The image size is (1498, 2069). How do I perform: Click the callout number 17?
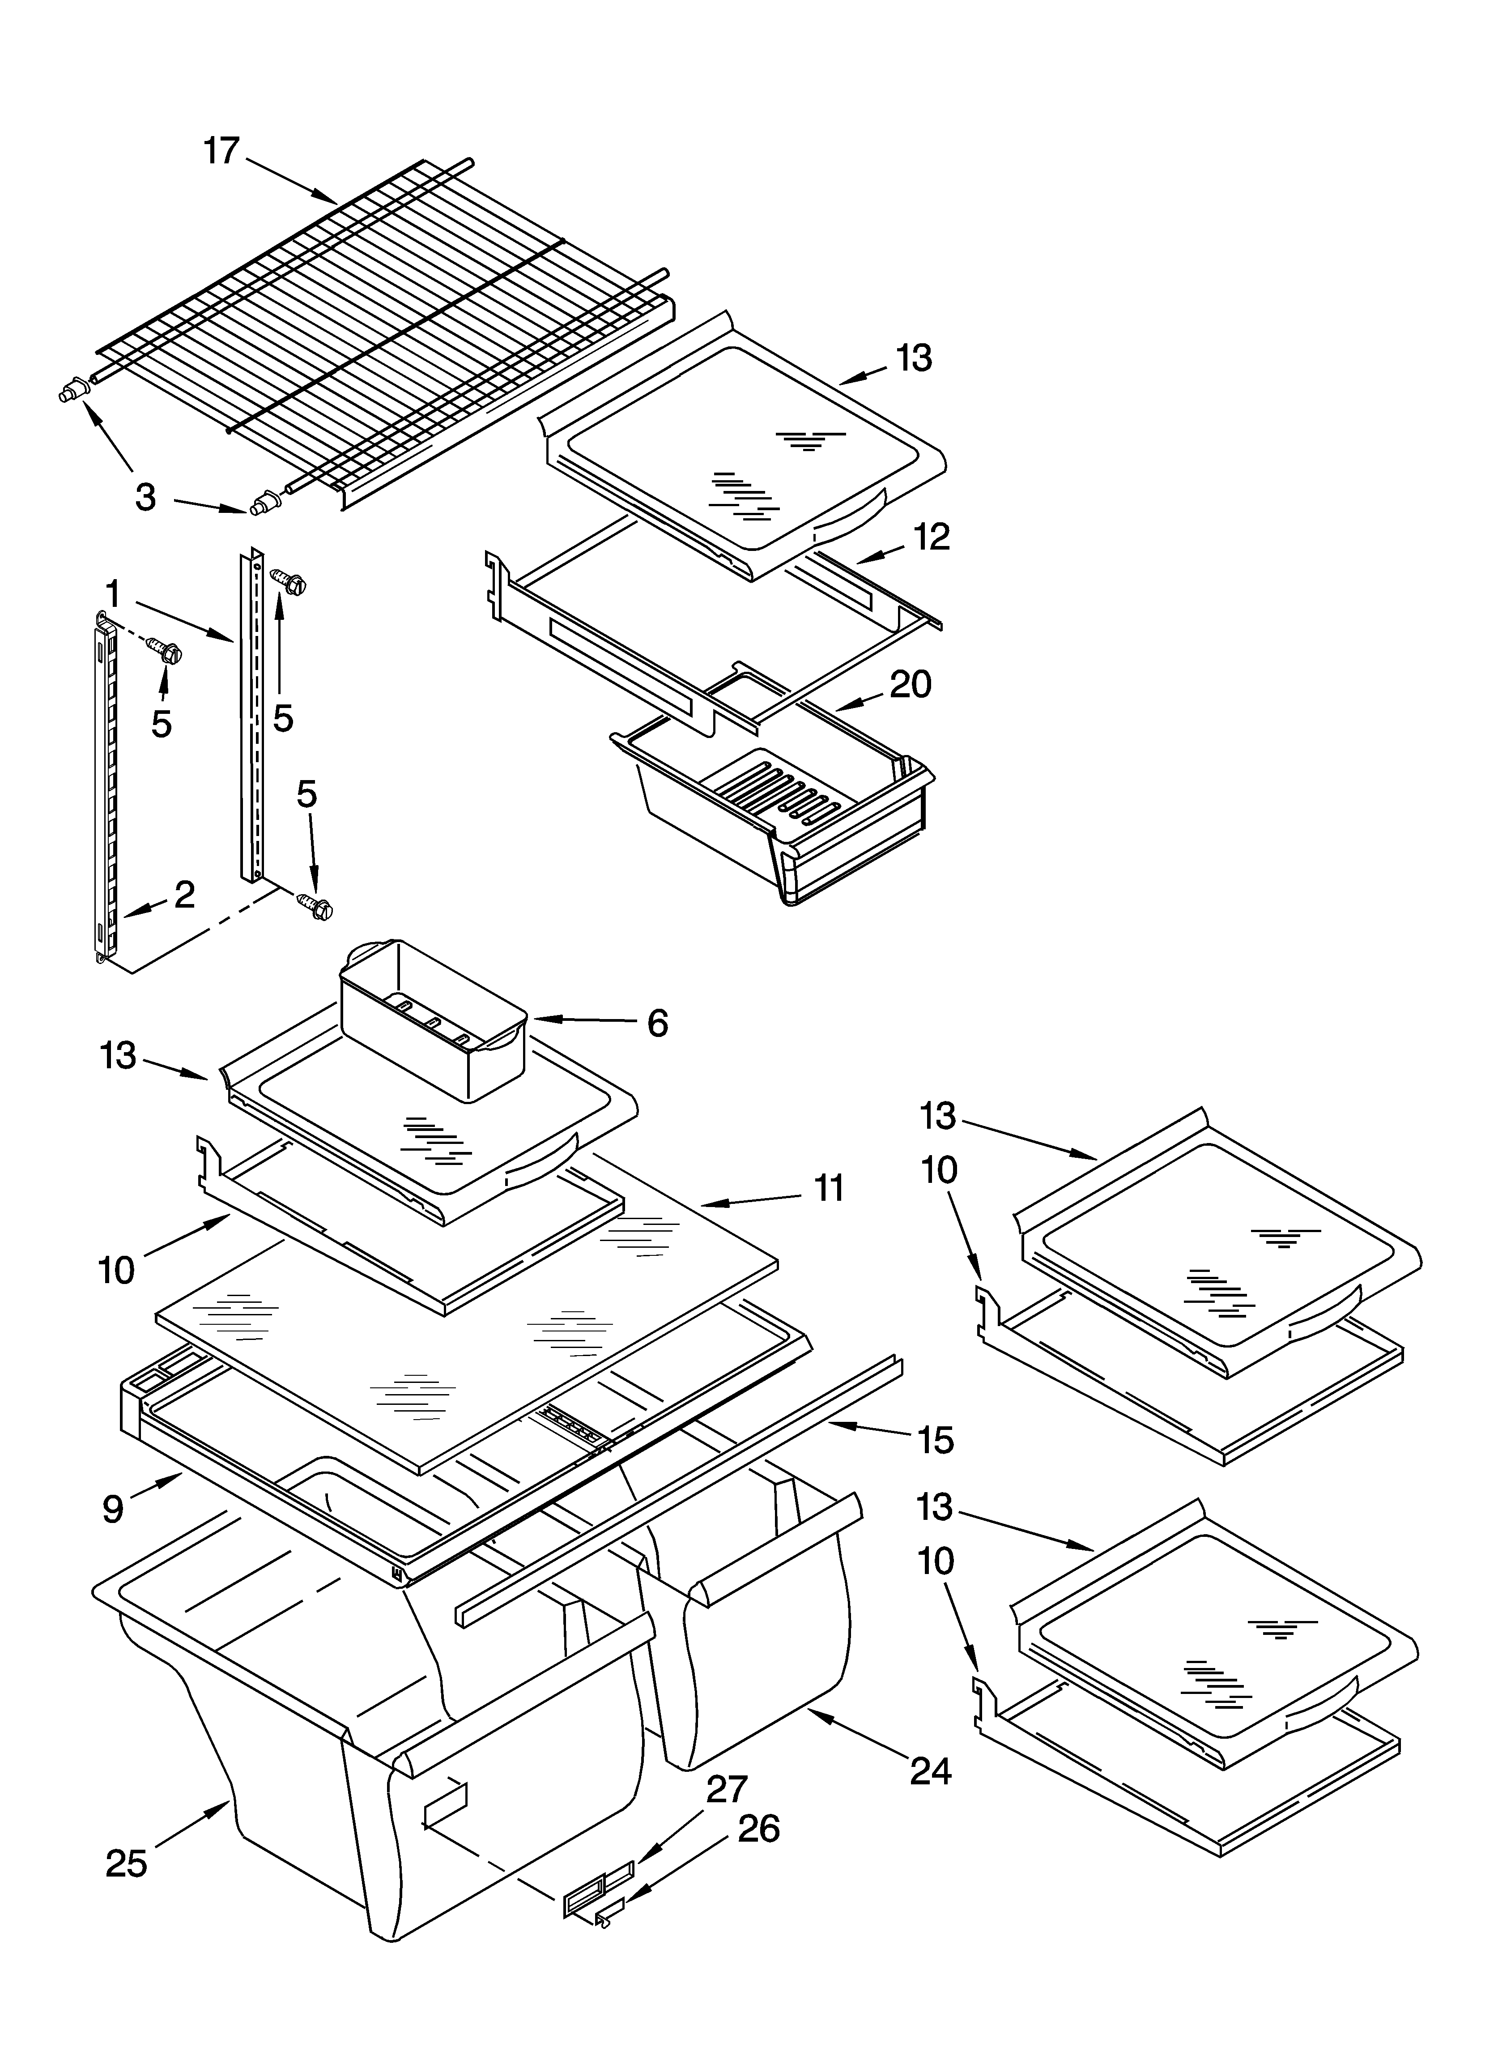pos(221,150)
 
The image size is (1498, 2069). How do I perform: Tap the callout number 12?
pos(932,537)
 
